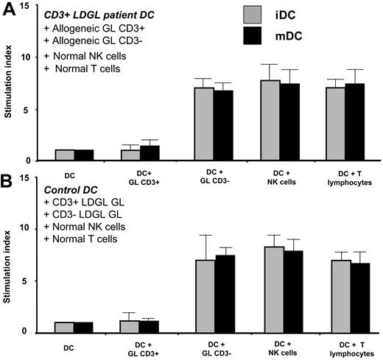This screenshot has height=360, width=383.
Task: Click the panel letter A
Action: (8, 10)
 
